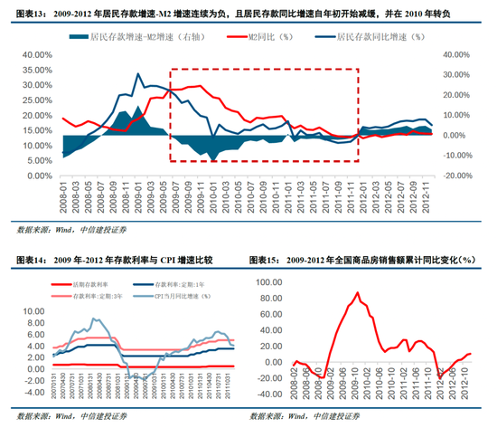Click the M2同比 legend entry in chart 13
coord(267,38)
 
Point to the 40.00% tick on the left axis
coord(37,54)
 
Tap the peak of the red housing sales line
coord(357,293)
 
